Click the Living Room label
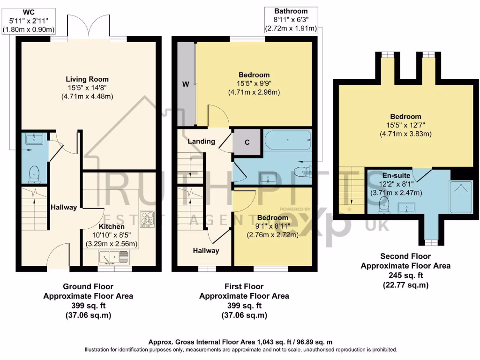click(x=87, y=79)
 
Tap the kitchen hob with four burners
click(x=148, y=219)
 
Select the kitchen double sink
click(x=114, y=257)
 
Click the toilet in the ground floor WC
click(x=34, y=175)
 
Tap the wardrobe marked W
click(x=186, y=85)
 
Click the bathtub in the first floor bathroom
click(x=287, y=140)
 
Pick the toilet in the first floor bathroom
click(x=301, y=170)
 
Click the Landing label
click(x=201, y=141)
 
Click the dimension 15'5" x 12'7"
click(x=405, y=125)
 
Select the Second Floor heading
click(x=405, y=256)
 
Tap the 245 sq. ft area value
click(x=405, y=276)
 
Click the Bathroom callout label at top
click(x=291, y=11)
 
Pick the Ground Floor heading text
click(x=88, y=286)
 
